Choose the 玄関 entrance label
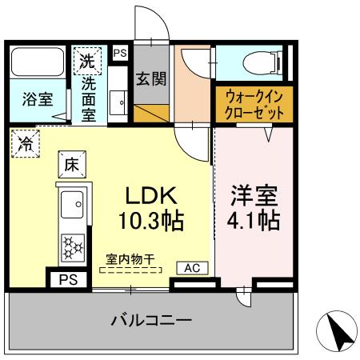[x=150, y=81]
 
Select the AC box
[x=193, y=268]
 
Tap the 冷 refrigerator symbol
[x=26, y=145]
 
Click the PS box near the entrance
[x=120, y=53]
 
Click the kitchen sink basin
[x=72, y=206]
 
